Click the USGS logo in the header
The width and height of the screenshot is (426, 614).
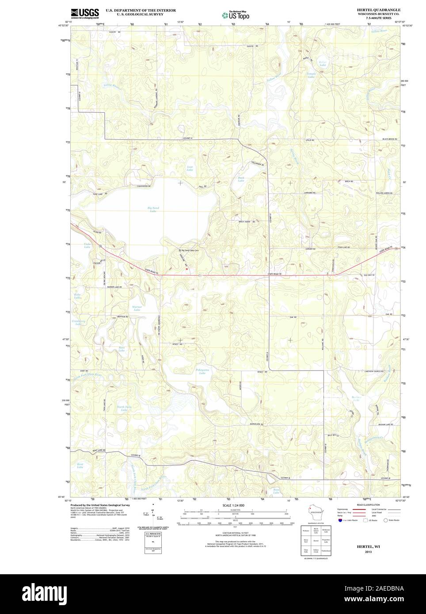(x=85, y=13)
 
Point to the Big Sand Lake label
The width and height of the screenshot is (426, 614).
(x=152, y=209)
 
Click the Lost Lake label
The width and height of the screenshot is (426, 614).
(x=190, y=168)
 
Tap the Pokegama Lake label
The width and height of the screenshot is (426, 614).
(x=202, y=371)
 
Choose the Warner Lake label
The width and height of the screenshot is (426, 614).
(x=137, y=308)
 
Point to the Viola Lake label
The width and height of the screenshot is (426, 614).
(x=87, y=246)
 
